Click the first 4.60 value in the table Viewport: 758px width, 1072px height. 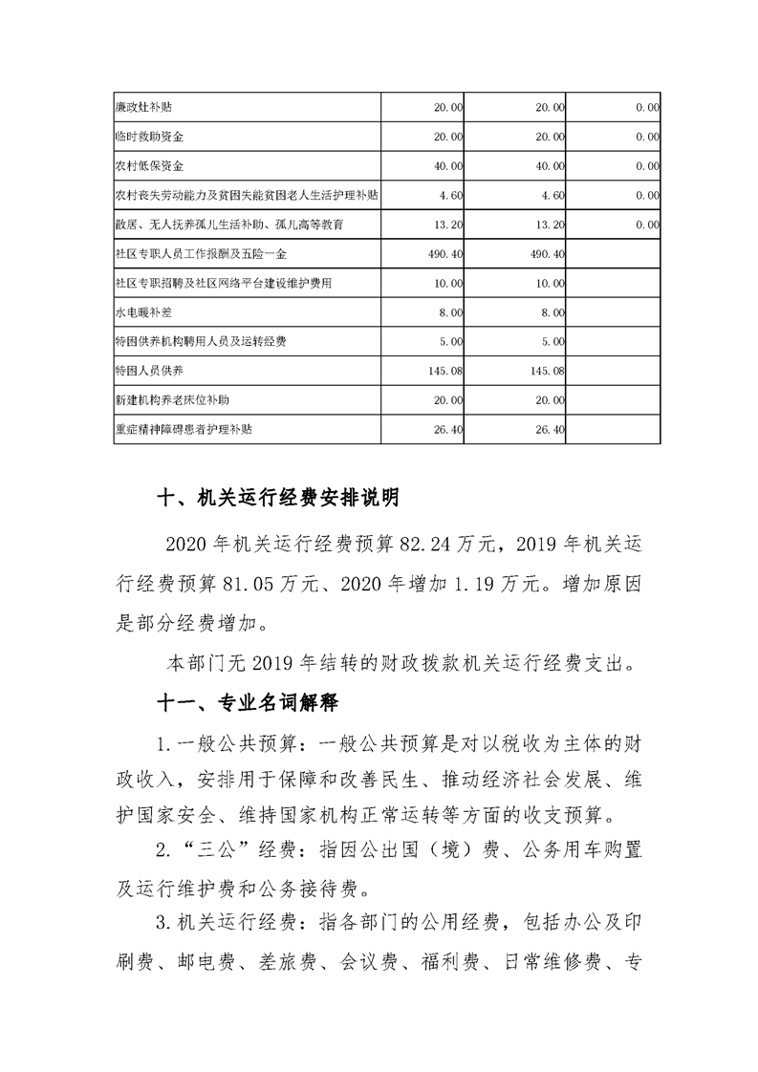tap(451, 196)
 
